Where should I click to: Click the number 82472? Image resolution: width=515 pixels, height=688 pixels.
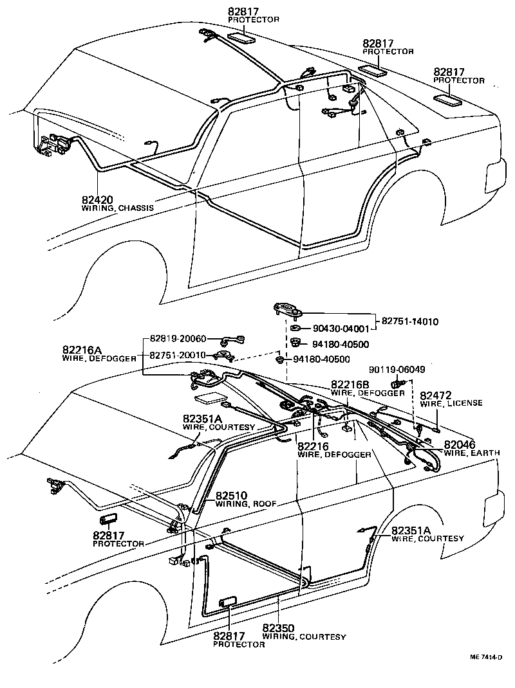point(436,395)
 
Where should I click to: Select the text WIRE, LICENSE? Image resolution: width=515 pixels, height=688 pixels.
point(451,403)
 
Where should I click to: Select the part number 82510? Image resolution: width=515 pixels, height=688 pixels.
point(230,496)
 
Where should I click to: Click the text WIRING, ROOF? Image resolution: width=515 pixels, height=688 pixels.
point(245,504)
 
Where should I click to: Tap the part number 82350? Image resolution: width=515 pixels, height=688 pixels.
point(279,628)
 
